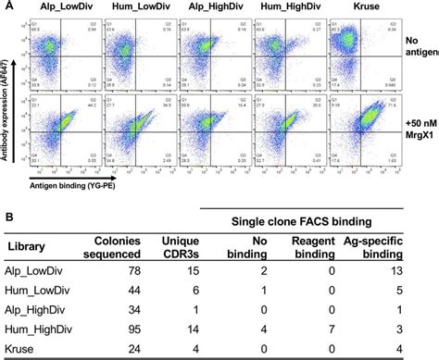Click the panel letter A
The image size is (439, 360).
pos(6,6)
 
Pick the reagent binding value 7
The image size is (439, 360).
pos(358,329)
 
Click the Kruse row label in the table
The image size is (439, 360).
pos(25,349)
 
